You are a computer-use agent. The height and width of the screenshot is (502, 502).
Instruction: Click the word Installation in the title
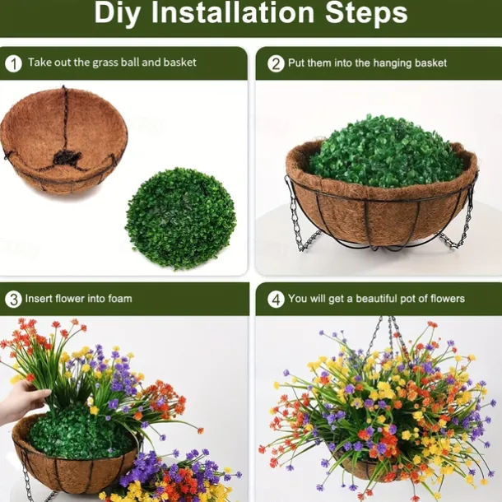[233, 13]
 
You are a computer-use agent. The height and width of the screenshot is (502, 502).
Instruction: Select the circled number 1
[13, 63]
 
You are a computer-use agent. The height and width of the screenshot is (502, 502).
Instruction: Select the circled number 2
[276, 63]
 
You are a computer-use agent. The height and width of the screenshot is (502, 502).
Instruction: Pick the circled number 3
[13, 300]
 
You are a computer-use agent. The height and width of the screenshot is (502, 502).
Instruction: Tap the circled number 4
[276, 300]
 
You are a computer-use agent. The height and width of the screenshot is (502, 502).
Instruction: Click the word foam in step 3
[119, 299]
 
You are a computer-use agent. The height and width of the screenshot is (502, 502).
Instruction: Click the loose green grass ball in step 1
[180, 218]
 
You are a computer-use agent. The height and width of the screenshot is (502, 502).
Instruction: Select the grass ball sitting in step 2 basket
[387, 151]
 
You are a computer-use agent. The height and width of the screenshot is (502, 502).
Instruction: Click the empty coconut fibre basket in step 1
[63, 140]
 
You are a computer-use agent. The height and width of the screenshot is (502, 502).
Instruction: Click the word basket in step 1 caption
[179, 62]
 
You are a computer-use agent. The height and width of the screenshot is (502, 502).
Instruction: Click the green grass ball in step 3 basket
[79, 432]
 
